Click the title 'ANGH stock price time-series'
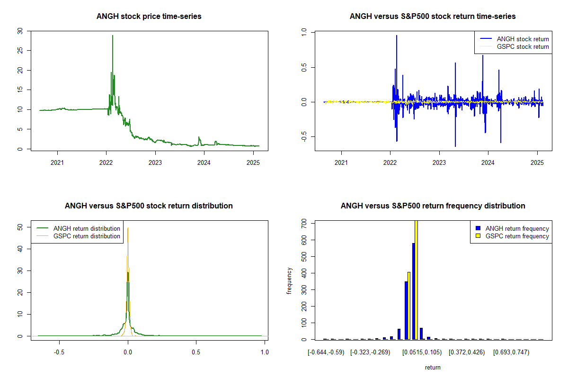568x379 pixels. (149, 17)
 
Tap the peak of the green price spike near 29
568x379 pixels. (113, 36)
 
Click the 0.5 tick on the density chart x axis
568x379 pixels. (196, 352)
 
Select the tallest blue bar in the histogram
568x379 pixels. (413, 291)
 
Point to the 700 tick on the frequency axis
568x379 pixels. (301, 222)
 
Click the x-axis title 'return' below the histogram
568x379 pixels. (433, 367)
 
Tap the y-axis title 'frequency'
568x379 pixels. (290, 280)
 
